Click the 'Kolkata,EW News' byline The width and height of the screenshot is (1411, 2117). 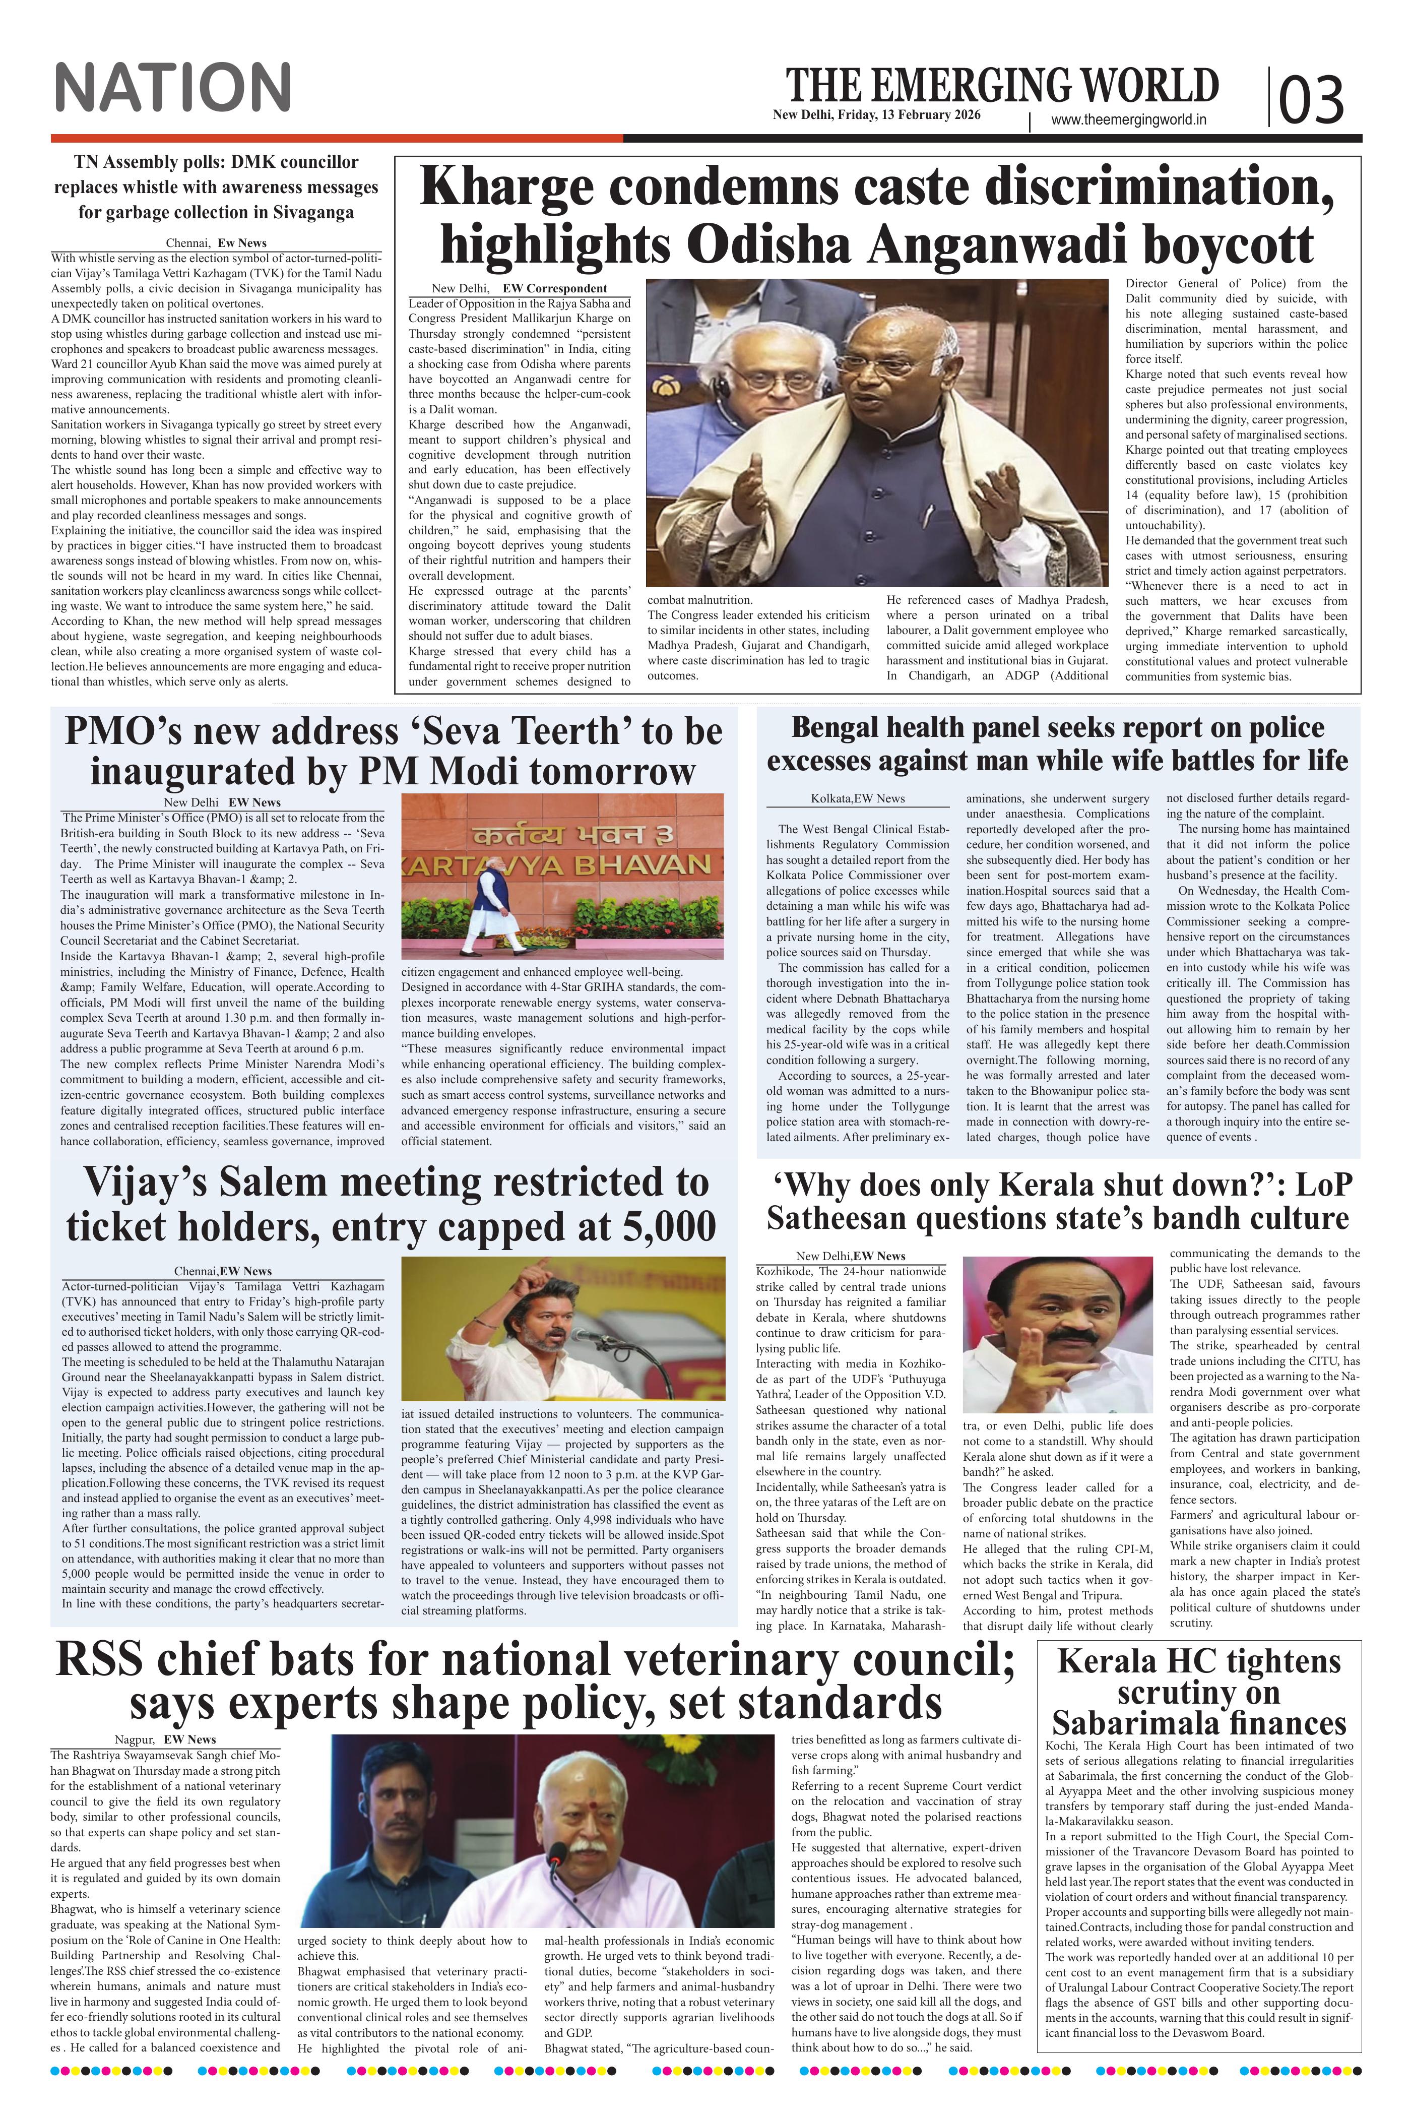click(858, 798)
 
